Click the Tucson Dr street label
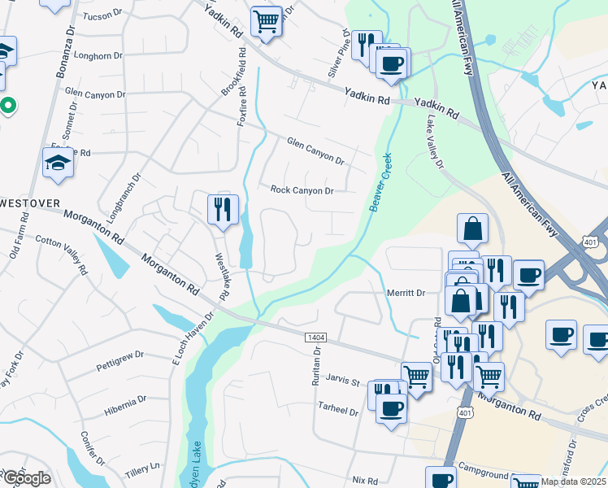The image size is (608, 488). pos(102,15)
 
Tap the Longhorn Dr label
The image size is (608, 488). pos(98,56)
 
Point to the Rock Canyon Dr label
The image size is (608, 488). pos(302,190)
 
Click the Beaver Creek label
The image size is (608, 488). pos(380,183)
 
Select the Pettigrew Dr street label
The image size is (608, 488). pos(119,355)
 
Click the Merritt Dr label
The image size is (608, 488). pos(406,293)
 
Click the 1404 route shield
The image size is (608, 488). pos(315,337)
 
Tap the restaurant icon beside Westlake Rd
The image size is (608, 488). pos(222,209)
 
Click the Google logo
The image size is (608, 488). pos(26,478)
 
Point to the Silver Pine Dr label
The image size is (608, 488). pos(340,58)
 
